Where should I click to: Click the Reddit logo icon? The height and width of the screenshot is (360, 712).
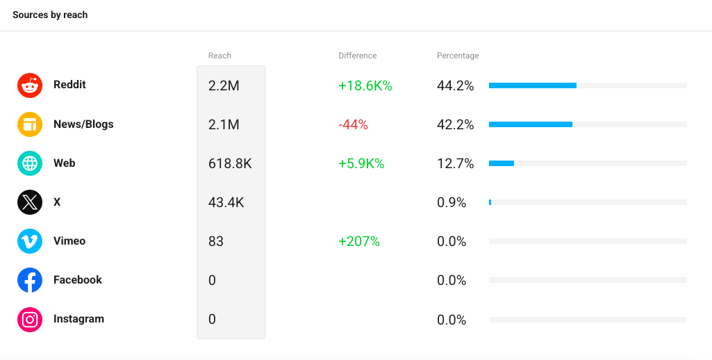click(30, 85)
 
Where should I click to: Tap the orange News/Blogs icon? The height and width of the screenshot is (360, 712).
click(30, 124)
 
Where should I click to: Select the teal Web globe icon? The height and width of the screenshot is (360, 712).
click(30, 163)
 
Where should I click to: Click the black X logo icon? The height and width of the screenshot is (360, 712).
click(30, 202)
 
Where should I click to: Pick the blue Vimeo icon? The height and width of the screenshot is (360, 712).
click(30, 241)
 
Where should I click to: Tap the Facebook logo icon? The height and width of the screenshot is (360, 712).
click(30, 280)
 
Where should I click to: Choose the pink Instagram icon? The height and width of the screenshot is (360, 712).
click(30, 320)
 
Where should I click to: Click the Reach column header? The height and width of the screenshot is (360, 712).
click(220, 56)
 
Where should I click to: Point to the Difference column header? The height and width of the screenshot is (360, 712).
click(357, 56)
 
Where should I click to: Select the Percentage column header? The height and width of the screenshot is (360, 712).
click(458, 56)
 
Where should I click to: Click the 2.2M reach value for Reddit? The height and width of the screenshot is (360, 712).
click(224, 85)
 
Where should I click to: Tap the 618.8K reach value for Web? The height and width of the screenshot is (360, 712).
click(230, 163)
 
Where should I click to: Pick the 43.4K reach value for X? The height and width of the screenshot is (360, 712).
click(226, 202)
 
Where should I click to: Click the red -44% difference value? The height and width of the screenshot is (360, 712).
click(354, 124)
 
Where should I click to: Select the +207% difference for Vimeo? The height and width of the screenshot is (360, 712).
click(359, 241)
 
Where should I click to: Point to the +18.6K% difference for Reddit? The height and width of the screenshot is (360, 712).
click(365, 85)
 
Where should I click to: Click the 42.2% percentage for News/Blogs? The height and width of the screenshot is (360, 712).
click(456, 124)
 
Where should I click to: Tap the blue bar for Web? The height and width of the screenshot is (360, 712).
click(502, 163)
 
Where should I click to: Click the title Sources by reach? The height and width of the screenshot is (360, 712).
click(50, 15)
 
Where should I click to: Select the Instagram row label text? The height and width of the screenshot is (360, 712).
click(78, 318)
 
